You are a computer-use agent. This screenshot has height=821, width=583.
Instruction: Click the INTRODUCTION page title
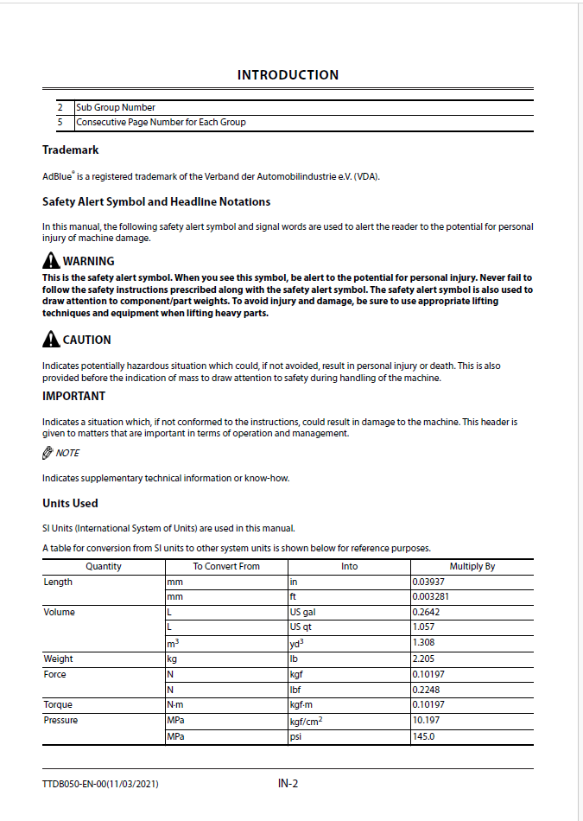click(288, 75)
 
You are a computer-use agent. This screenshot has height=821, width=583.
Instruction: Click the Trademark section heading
click(70, 150)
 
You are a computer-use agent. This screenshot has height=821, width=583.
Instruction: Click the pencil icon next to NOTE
click(48, 453)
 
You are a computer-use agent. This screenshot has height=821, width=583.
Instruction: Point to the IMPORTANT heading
click(73, 396)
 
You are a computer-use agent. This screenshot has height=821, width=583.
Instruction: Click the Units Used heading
click(70, 503)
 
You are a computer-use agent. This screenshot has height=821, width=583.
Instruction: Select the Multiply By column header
click(472, 567)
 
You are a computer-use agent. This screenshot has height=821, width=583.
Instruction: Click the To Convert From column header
click(226, 567)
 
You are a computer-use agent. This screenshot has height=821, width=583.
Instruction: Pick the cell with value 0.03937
click(429, 582)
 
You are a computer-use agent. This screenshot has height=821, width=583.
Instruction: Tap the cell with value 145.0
click(423, 737)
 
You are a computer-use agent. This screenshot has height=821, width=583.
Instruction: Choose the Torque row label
click(58, 704)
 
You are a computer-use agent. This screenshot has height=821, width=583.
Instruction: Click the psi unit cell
click(296, 737)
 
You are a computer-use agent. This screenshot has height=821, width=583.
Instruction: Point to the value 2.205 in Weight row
click(424, 659)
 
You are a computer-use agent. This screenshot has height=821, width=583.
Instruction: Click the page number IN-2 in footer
click(288, 784)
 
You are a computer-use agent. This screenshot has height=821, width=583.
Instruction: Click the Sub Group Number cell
click(116, 108)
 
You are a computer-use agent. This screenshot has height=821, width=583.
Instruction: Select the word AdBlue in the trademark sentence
click(57, 177)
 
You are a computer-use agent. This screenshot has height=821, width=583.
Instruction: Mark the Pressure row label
click(60, 720)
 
